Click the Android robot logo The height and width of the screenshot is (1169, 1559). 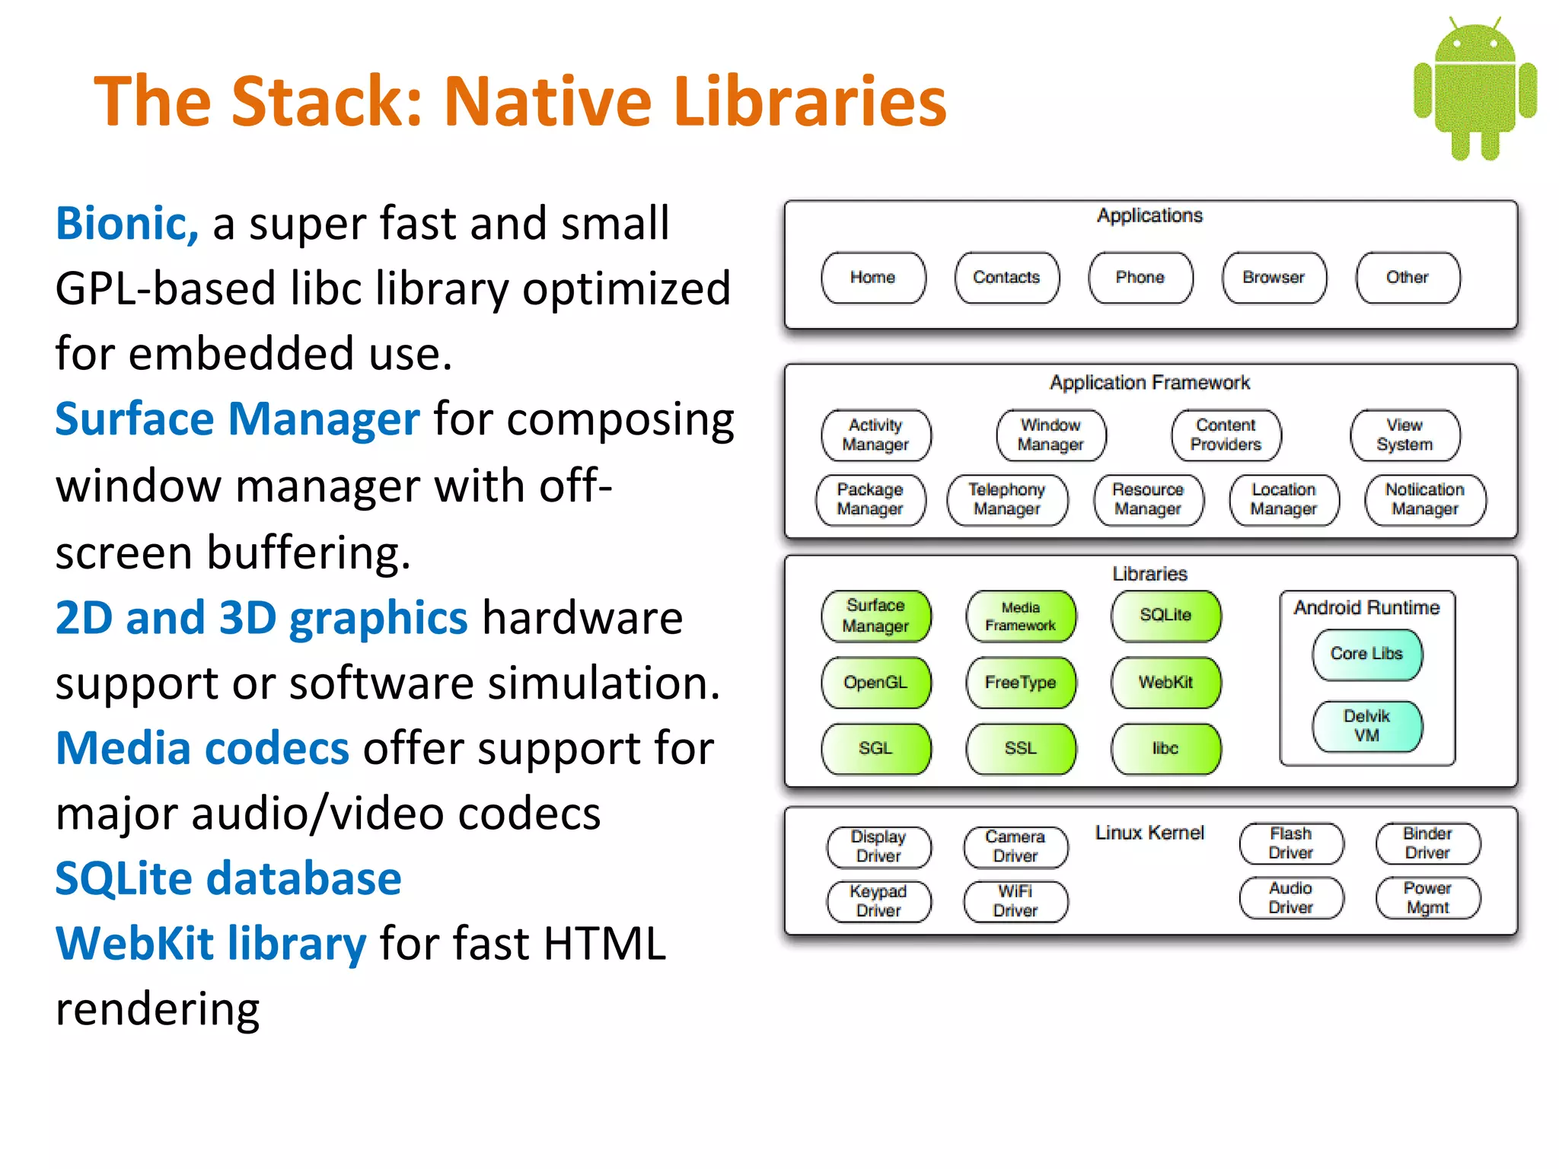click(1475, 89)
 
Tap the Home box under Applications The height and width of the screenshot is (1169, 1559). click(873, 278)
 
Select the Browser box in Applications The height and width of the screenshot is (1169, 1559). click(1274, 278)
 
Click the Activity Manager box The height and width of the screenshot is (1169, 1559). click(875, 435)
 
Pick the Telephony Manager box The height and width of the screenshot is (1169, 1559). click(1006, 500)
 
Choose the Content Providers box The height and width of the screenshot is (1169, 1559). click(1226, 435)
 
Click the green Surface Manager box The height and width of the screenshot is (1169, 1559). click(875, 616)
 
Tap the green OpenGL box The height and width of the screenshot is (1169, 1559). click(875, 683)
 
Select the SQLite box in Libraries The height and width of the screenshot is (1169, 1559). click(1165, 616)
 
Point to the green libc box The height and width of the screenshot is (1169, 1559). click(1165, 749)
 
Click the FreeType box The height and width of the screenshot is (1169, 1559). click(1021, 683)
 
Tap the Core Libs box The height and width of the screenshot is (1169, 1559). click(1366, 654)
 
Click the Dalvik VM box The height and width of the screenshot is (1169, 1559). click(1366, 726)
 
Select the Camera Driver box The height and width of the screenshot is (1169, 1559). click(1015, 846)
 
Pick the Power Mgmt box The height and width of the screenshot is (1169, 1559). click(1427, 898)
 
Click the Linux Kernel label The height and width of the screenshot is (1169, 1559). click(1149, 833)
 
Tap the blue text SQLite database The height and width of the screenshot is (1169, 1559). click(228, 879)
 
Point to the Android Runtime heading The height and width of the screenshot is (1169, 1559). click(1366, 608)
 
